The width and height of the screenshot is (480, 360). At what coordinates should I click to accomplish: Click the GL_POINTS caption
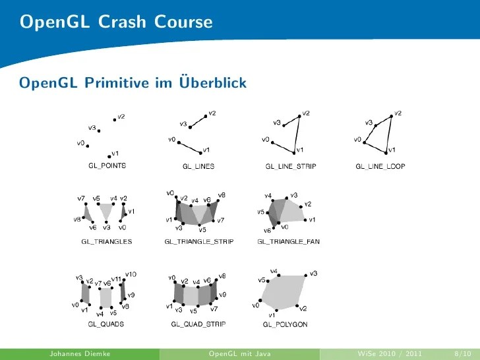pyautogui.click(x=107, y=166)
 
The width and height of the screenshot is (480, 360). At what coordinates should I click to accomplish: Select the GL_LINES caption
pyautogui.click(x=198, y=167)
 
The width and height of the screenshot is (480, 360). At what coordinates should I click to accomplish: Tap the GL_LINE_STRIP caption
pyautogui.click(x=290, y=167)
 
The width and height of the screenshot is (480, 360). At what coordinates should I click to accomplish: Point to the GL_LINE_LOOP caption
pyautogui.click(x=380, y=167)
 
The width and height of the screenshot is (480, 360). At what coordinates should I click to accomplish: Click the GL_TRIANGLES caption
pyautogui.click(x=106, y=242)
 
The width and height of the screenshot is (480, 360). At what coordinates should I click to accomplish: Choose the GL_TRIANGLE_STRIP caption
pyautogui.click(x=199, y=242)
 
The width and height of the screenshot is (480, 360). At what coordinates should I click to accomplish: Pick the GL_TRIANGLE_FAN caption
pyautogui.click(x=289, y=242)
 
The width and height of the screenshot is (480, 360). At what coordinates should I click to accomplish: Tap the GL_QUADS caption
pyautogui.click(x=106, y=324)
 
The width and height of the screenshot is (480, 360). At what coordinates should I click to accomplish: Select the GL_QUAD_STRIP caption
pyautogui.click(x=198, y=324)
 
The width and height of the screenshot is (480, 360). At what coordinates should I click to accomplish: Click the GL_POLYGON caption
pyautogui.click(x=285, y=324)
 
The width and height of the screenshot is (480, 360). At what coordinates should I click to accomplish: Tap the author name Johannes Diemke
pyautogui.click(x=79, y=354)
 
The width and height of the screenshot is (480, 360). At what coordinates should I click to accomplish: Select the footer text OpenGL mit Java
pyautogui.click(x=239, y=354)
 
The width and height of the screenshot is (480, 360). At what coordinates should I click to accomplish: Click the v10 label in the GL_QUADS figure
pyautogui.click(x=131, y=274)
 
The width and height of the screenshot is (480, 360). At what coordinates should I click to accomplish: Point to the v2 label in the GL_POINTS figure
pyautogui.click(x=121, y=117)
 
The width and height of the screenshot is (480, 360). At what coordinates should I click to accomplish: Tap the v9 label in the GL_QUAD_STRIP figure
pyautogui.click(x=222, y=294)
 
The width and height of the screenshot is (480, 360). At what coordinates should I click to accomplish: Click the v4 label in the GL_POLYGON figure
pyautogui.click(x=274, y=271)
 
